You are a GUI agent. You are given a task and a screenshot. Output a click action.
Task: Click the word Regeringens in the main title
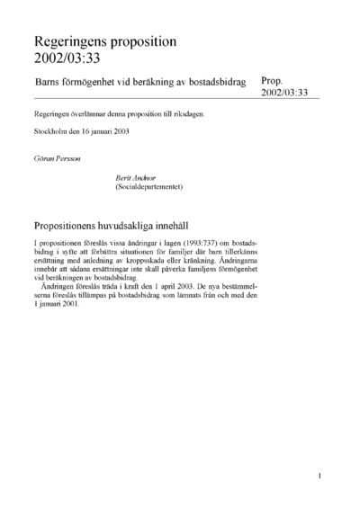(x=72, y=41)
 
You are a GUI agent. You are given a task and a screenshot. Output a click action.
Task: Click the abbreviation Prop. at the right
(x=274, y=80)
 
